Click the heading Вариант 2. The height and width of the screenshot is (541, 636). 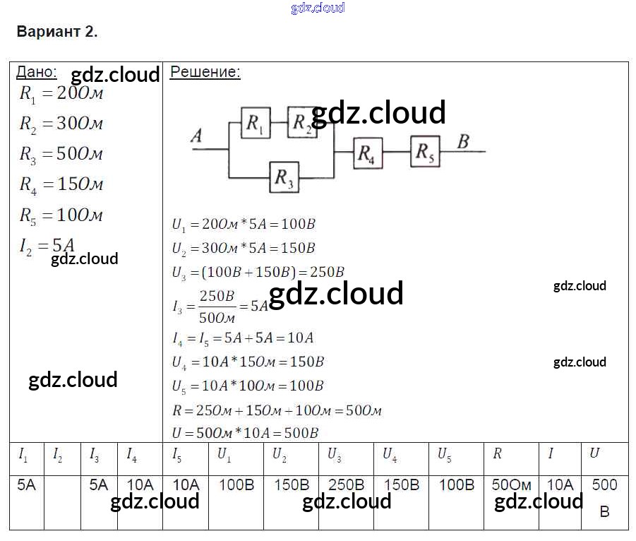(56, 32)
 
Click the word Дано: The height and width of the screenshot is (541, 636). (37, 72)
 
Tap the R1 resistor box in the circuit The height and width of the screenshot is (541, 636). (255, 123)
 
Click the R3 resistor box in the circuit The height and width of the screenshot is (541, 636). (284, 177)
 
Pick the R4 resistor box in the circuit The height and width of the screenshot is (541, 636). (368, 153)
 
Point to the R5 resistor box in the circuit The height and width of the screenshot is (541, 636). (425, 151)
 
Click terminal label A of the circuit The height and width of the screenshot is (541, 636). (197, 136)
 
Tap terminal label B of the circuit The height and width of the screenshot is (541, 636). (463, 141)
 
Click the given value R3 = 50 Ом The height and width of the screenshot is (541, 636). (61, 154)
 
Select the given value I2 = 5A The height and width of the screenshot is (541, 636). (47, 246)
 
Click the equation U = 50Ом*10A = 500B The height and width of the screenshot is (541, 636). (245, 433)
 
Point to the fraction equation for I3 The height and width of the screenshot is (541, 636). (220, 306)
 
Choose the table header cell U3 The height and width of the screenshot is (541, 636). (334, 455)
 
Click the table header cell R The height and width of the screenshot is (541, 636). (497, 454)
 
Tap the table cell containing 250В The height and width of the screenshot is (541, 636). (346, 485)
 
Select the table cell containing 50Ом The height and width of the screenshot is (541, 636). (511, 485)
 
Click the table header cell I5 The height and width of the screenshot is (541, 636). (177, 455)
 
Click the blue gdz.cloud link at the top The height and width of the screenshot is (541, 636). (318, 8)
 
